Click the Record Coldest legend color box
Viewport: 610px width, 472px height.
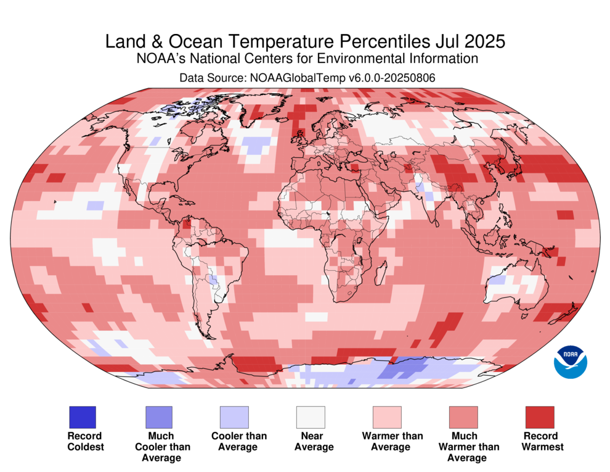(82, 417)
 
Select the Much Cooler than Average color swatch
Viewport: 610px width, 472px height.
(158, 417)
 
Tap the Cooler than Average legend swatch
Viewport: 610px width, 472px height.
(234, 417)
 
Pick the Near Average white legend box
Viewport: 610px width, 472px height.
(311, 417)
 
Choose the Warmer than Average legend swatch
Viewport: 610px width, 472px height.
(387, 417)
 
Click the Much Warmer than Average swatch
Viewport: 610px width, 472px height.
(463, 417)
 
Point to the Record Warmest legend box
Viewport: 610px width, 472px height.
(540, 417)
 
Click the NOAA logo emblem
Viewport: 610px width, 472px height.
(571, 361)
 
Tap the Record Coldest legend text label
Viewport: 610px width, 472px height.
(86, 441)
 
